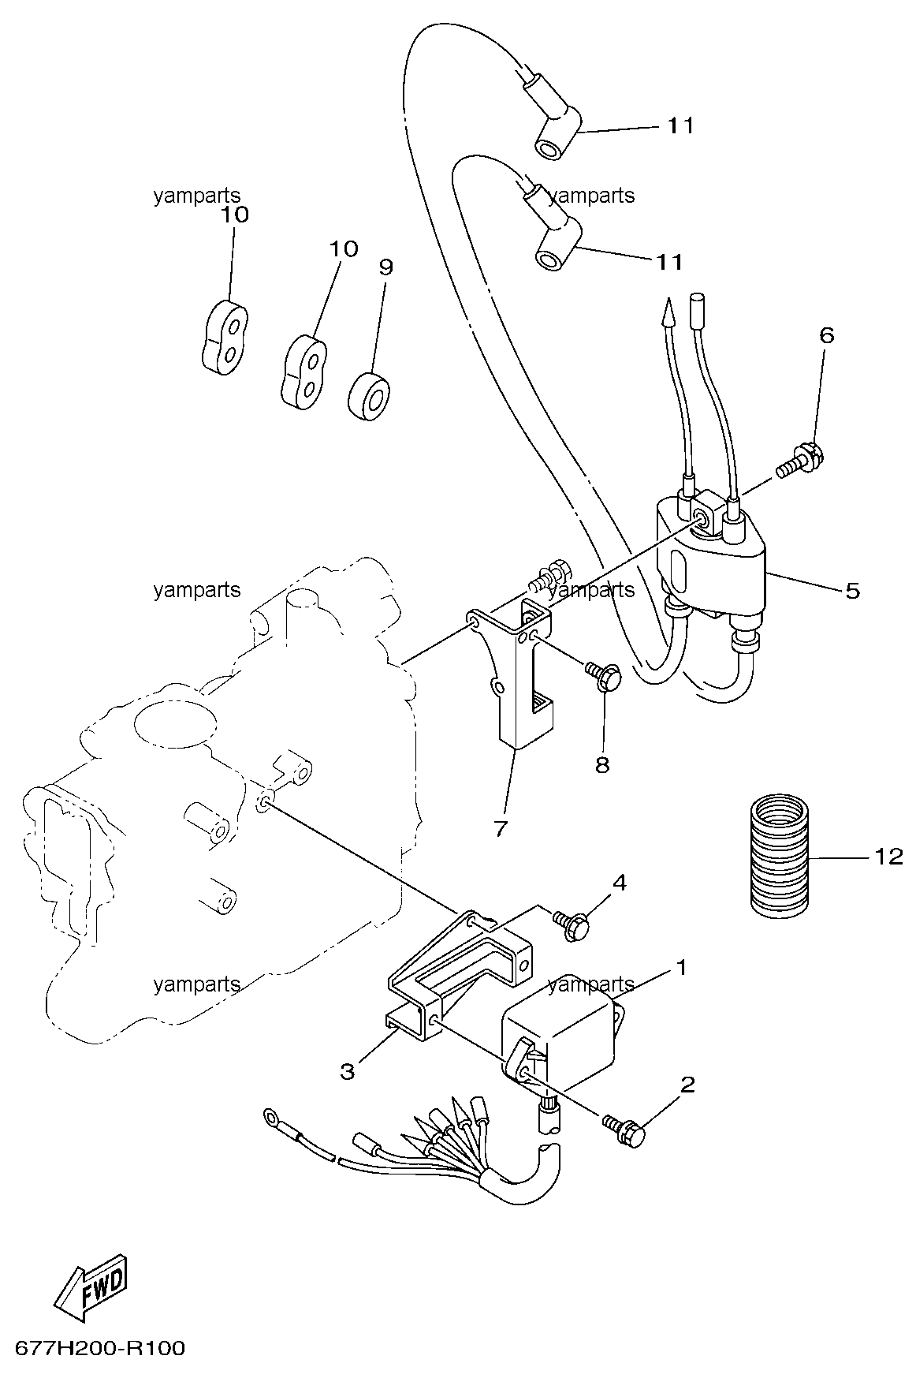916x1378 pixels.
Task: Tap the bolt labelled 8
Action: coord(605,675)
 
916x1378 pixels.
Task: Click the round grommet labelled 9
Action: coord(370,394)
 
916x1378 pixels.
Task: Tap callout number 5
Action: coord(853,590)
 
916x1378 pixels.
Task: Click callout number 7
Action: coord(500,829)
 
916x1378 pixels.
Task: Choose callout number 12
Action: coord(888,856)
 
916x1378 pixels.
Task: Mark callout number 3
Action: coord(348,1070)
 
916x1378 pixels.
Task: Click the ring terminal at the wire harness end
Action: coord(273,1116)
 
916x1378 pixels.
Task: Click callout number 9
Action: coord(385,267)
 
